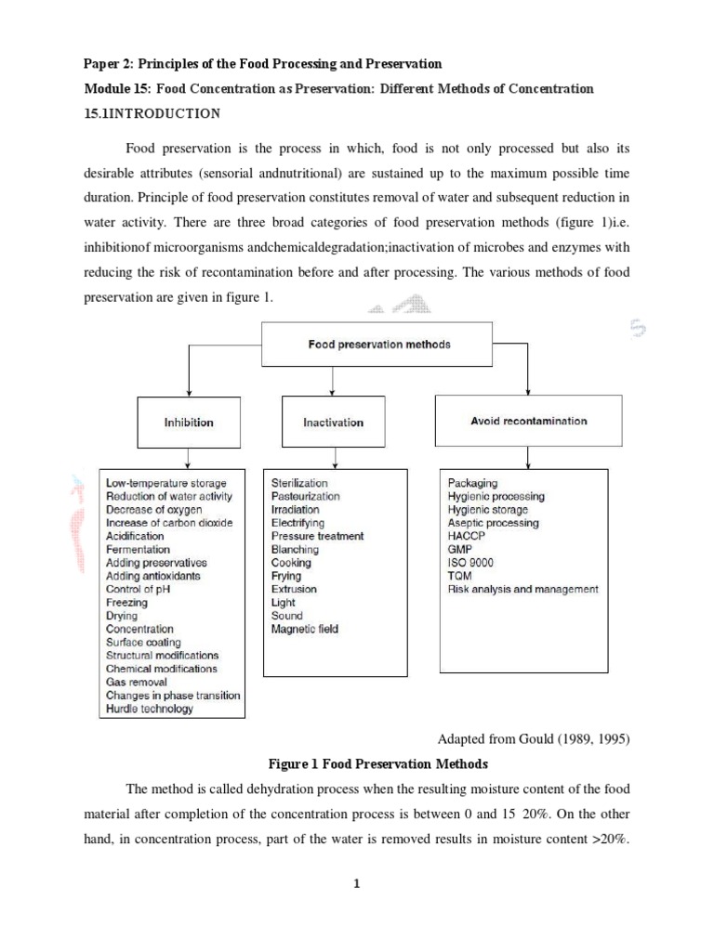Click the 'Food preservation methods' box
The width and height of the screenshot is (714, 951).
click(379, 345)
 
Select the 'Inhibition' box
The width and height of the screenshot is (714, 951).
click(189, 423)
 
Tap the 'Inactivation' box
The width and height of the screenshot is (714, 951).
click(333, 423)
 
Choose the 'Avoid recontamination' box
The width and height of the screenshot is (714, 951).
click(528, 421)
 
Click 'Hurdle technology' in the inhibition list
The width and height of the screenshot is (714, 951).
click(150, 709)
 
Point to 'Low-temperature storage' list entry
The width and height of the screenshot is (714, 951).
click(165, 483)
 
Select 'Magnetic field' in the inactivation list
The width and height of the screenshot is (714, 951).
click(305, 629)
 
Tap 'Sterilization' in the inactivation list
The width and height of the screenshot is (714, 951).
click(299, 483)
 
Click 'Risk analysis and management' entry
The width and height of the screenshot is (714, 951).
click(522, 589)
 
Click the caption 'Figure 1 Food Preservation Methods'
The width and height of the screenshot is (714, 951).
click(378, 763)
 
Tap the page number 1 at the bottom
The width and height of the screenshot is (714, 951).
click(356, 883)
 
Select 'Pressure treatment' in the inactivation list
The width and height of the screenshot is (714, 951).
click(317, 536)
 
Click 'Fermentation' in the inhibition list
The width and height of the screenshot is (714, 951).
click(138, 550)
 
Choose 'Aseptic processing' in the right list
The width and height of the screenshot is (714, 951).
click(493, 523)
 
